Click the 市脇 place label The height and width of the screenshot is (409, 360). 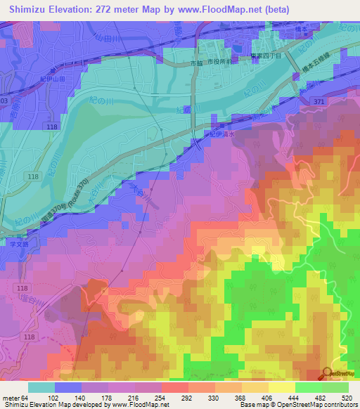198,64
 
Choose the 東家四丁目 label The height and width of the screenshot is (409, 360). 266,55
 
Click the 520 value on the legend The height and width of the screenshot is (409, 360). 347,398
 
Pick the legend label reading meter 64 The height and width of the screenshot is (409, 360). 15,398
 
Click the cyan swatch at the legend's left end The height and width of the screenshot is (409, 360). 41,387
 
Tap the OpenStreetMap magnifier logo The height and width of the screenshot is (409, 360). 328,373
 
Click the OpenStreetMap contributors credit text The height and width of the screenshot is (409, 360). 320,405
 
